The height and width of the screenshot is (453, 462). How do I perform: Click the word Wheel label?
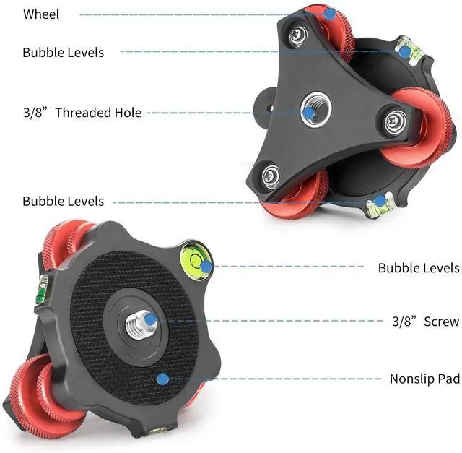coord(40,14)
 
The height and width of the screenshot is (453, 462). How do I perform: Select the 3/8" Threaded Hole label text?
coord(82,113)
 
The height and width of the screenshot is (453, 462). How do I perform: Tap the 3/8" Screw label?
coord(425,321)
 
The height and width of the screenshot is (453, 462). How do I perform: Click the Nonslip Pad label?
coord(424,379)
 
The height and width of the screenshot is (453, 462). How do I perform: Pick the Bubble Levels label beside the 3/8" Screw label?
coord(418,268)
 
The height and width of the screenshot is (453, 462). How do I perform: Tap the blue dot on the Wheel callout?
coord(329,13)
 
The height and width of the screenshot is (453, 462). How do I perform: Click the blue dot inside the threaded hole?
coord(310,112)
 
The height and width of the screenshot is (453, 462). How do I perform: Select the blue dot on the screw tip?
coord(148,319)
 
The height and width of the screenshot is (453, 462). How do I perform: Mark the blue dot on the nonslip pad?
coord(163,378)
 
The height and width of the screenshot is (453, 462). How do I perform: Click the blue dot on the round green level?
coord(206,267)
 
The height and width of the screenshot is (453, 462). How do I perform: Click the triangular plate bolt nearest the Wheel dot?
coord(298,35)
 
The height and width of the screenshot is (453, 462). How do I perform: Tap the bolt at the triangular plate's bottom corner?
coord(271,173)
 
